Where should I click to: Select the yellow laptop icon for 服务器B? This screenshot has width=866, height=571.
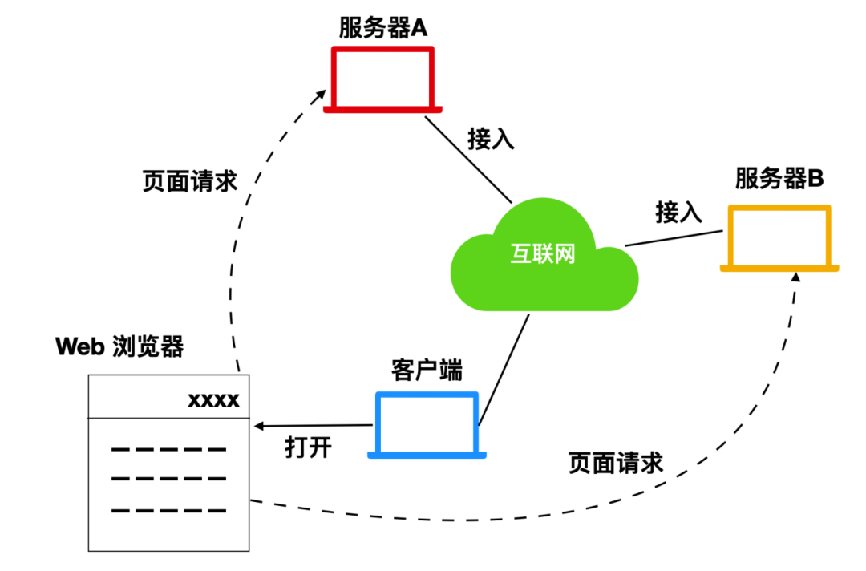pos(779,237)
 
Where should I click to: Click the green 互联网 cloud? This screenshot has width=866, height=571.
pos(543,257)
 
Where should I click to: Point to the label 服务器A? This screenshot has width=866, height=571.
pos(383,29)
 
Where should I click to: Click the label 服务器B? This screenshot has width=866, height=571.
pos(779,179)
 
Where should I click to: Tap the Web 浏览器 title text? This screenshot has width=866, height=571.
pos(119,346)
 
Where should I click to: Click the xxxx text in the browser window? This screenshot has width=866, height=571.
pos(213,399)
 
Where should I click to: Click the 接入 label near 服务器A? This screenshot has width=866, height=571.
pos(491,139)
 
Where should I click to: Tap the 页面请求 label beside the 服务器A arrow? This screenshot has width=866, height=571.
pos(190,181)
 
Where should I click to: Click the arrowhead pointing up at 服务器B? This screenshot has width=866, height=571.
pos(795,277)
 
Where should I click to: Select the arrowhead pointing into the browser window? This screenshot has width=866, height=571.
pos(259,426)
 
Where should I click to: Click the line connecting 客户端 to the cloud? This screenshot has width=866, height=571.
pos(504,369)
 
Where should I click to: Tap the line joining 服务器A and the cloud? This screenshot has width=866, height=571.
pos(467,159)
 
